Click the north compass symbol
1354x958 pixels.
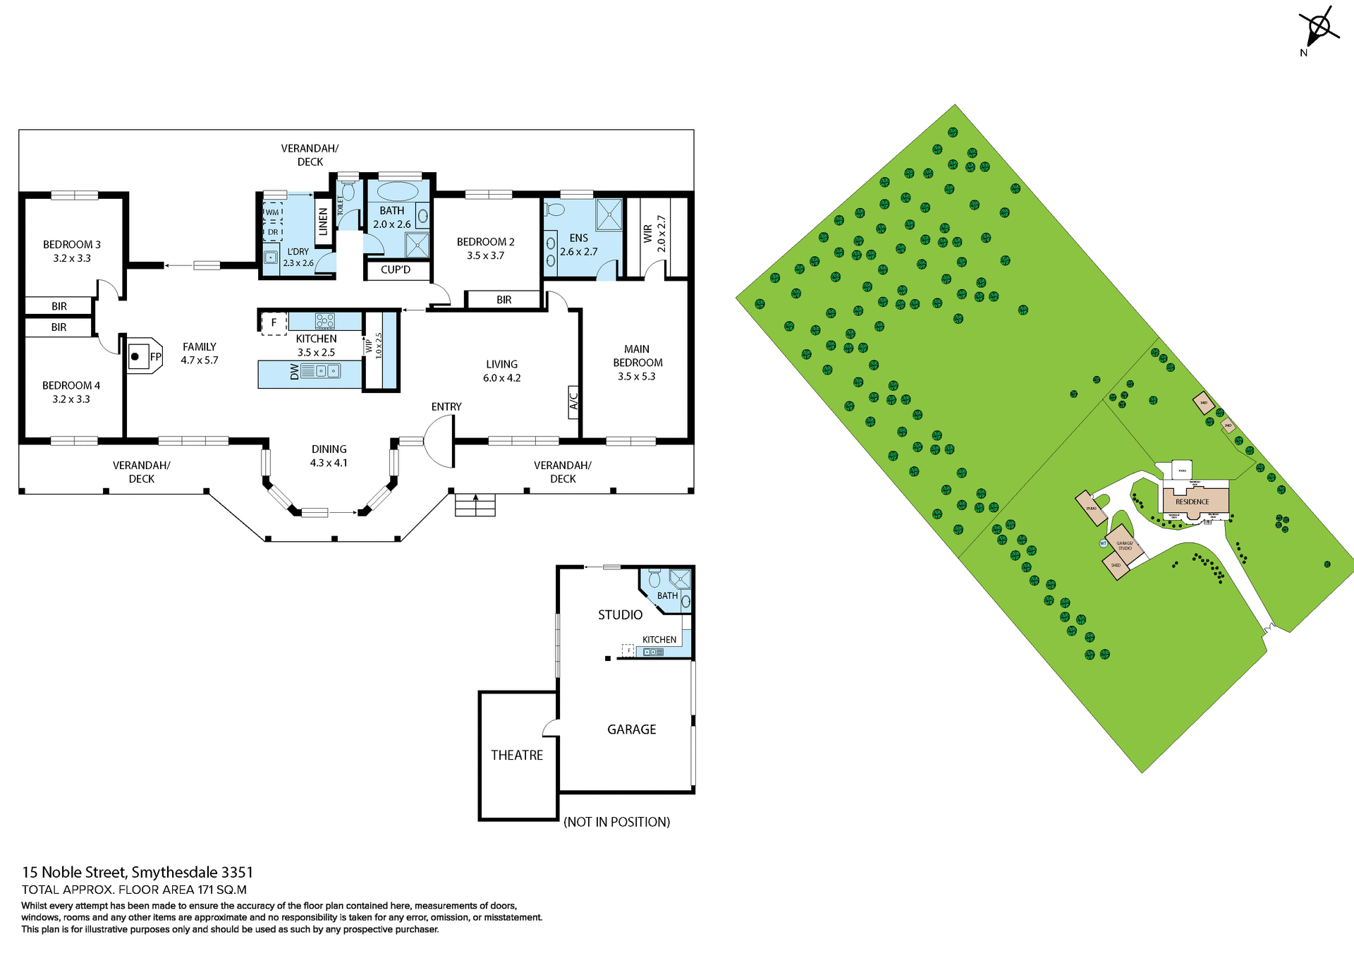[1318, 29]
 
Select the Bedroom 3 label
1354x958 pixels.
[72, 245]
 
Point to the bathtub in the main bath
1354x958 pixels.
[397, 191]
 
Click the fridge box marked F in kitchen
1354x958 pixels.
[274, 323]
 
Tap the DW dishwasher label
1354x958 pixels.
[295, 372]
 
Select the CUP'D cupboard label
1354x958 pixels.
[396, 269]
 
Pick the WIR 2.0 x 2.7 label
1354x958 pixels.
[654, 234]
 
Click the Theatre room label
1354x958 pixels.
[517, 755]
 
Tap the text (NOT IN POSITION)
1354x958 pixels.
[616, 822]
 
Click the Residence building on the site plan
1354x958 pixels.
[1194, 499]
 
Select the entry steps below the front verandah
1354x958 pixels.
[475, 505]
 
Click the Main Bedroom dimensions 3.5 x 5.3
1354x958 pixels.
[636, 376]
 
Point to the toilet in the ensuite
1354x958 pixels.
[556, 209]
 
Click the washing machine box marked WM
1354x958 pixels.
[272, 212]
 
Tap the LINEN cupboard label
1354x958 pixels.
[324, 222]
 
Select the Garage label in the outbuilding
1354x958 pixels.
[631, 729]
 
